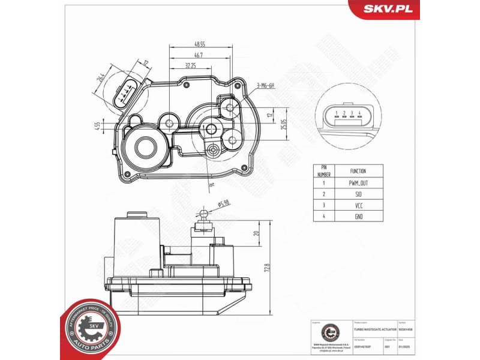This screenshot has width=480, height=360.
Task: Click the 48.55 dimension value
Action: coord(199,44)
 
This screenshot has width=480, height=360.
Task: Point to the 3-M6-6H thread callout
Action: coord(265,86)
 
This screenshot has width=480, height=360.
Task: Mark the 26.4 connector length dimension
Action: coord(102,80)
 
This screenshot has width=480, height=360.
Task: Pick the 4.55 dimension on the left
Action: coord(97,125)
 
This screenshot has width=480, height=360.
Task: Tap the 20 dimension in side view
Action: coord(256,233)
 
